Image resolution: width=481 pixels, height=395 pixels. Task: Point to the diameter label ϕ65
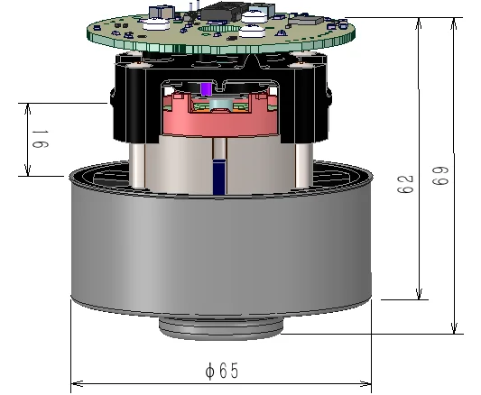coord(221,371)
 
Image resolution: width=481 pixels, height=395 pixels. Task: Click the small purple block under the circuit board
coord(208,89)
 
